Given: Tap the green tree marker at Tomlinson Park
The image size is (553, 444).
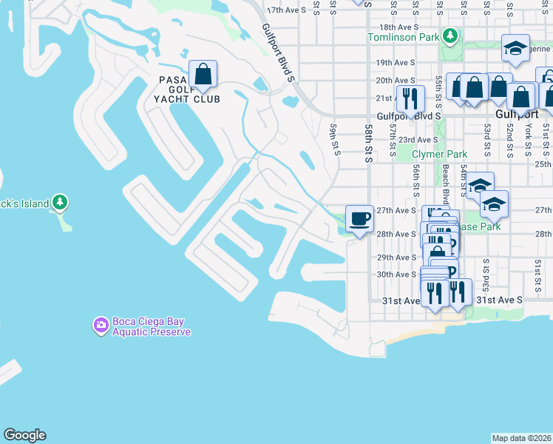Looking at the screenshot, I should coord(449,36).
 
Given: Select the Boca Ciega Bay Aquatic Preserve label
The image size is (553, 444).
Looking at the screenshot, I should coord(152,326).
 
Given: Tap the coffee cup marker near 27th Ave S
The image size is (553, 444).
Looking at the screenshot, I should coord(359,219).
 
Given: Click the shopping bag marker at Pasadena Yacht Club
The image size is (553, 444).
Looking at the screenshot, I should coord(203,75).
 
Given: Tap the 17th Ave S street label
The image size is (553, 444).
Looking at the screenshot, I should coord(285,10).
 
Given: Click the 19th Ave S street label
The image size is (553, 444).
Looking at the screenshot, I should coord(395,63).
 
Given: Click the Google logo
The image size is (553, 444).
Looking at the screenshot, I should coord(24,435).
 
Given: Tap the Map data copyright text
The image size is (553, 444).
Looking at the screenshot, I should coord(521,438).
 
